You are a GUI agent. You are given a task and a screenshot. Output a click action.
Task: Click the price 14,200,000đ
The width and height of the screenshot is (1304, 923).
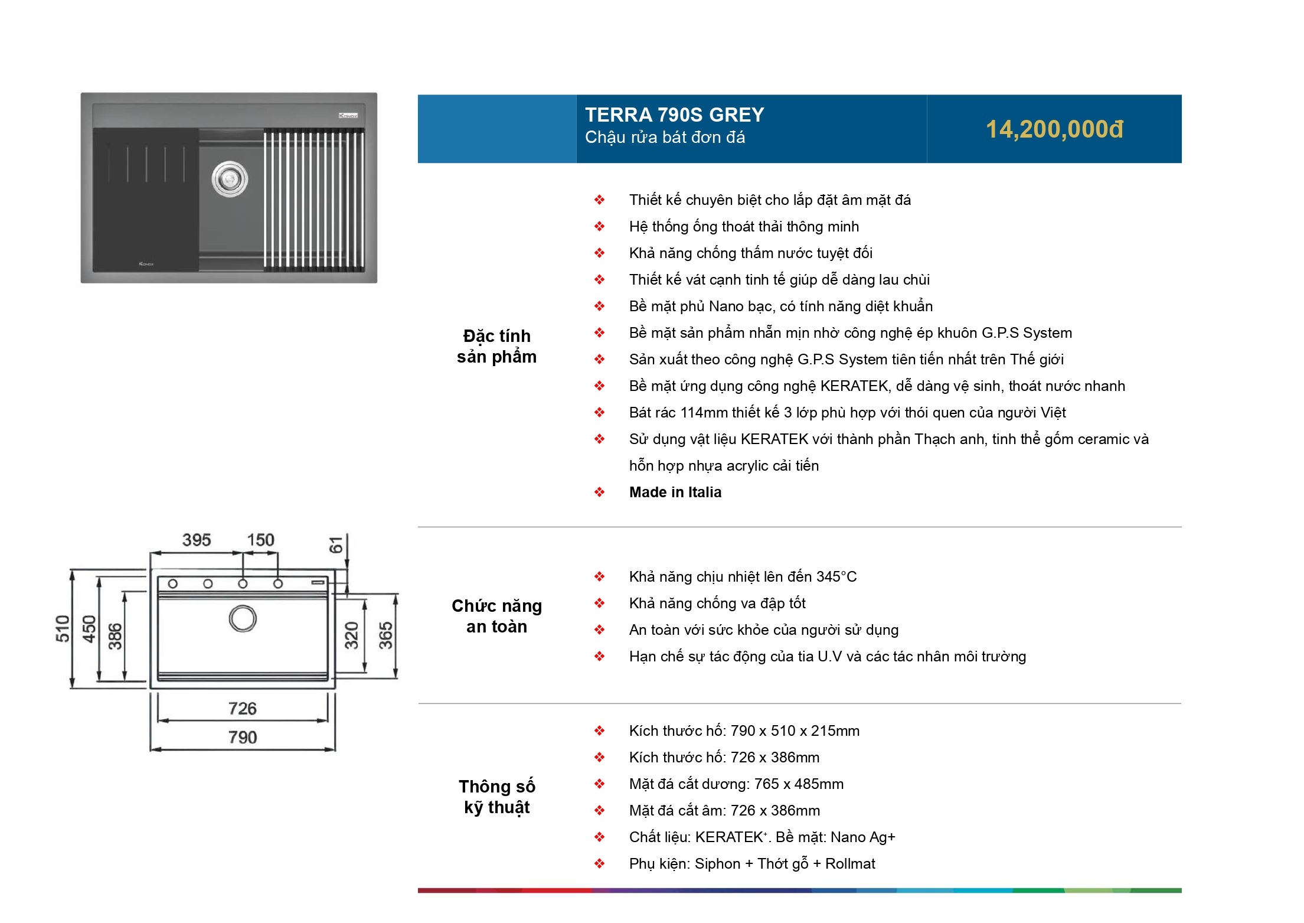[1054, 129]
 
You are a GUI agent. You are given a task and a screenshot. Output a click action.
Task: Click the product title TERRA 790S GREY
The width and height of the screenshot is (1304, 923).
[674, 115]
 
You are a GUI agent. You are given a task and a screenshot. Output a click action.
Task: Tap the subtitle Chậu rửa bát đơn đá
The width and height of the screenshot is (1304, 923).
[665, 138]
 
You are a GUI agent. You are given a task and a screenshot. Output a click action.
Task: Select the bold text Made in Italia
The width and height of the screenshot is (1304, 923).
[675, 492]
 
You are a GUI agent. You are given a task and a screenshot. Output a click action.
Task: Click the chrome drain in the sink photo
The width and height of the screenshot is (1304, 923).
[230, 178]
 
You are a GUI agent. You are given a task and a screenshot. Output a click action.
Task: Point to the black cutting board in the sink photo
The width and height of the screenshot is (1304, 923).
[146, 199]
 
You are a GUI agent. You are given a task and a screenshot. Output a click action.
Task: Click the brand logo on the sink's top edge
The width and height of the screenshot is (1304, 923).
[348, 115]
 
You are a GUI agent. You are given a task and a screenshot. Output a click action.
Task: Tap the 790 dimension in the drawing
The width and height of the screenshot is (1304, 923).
[243, 737]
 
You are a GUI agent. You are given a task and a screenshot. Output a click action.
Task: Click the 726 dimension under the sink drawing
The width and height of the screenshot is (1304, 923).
[243, 708]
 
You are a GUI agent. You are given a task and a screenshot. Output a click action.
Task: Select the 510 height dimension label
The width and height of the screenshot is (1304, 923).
[63, 628]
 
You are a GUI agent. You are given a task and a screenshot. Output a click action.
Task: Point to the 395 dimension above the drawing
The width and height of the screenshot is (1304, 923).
[197, 540]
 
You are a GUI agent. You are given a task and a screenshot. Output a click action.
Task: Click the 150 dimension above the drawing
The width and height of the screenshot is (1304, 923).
[260, 540]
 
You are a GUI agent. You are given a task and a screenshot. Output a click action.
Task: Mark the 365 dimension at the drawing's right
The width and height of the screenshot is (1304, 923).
[385, 635]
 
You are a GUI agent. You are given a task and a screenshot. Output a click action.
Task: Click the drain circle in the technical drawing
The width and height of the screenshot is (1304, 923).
[243, 618]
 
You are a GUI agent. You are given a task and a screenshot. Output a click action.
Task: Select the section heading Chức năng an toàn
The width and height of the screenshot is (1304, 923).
[496, 616]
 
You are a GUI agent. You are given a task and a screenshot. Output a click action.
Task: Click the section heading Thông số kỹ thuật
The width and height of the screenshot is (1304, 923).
[496, 797]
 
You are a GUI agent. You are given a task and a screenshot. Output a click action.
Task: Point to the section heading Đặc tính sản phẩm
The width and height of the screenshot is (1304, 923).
[496, 346]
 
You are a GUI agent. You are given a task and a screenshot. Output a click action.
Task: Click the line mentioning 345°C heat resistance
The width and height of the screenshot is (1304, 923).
[742, 576]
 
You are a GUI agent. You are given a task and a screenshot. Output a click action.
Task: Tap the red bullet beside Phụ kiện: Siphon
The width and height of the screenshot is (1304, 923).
[599, 863]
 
